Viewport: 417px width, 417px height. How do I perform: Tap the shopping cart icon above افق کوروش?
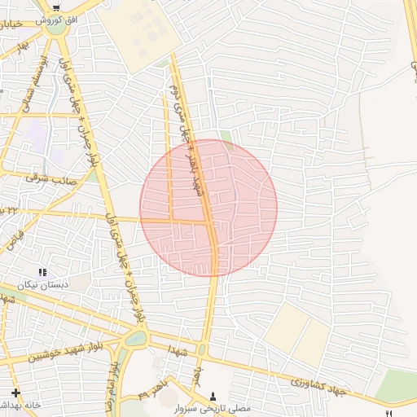(56, 7)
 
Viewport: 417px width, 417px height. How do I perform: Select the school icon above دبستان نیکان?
(42, 273)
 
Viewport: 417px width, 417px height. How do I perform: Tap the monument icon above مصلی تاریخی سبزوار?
(213, 395)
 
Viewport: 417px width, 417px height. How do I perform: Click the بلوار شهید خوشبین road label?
(64, 352)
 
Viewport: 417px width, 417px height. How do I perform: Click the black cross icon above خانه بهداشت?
(16, 393)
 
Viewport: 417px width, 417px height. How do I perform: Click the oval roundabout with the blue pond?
(135, 337)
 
